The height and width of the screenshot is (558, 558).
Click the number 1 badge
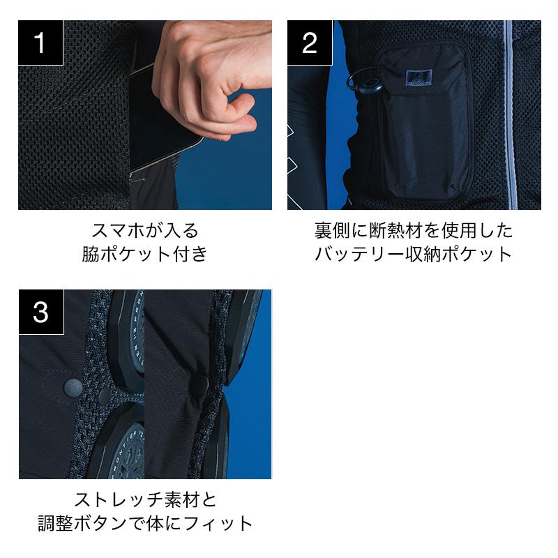click(40, 43)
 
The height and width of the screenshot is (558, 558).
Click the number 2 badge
click(310, 43)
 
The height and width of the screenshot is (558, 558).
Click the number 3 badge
click(41, 312)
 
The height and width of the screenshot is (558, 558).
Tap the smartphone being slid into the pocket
click(160, 121)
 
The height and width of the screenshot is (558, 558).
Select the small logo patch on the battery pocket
click(419, 78)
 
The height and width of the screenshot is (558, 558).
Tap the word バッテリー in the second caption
click(361, 254)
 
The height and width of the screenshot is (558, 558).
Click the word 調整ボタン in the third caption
click(82, 524)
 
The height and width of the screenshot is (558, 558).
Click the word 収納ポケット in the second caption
click(460, 254)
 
